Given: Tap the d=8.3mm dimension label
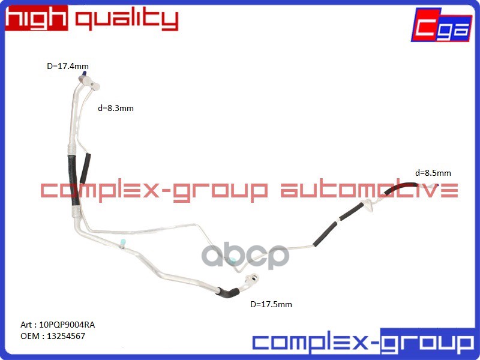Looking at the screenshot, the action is pyautogui.click(x=115, y=109).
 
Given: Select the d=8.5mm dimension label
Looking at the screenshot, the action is pyautogui.click(x=433, y=173).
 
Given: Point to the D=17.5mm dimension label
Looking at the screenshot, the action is pyautogui.click(x=271, y=304).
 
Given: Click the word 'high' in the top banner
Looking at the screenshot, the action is pyautogui.click(x=36, y=19).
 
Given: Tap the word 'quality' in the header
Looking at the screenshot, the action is pyautogui.click(x=126, y=20).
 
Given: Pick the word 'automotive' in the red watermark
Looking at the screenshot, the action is pyautogui.click(x=370, y=191).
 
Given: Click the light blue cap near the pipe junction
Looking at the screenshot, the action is pyautogui.click(x=122, y=243).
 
